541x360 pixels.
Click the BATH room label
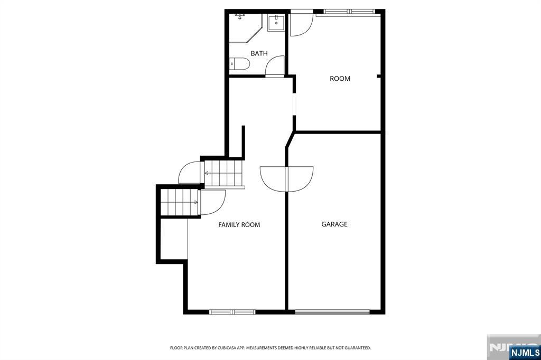click(x=259, y=53)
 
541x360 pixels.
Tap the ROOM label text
click(x=340, y=79)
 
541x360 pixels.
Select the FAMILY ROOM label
click(x=239, y=225)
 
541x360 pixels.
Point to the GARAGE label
click(x=334, y=224)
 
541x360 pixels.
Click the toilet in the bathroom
click(x=239, y=64)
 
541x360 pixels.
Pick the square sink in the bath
click(x=276, y=23)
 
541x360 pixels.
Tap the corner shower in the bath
click(x=246, y=28)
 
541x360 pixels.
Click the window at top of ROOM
click(x=349, y=12)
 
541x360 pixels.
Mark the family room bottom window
click(x=232, y=312)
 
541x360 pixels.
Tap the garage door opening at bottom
click(x=332, y=312)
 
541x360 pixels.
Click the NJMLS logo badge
click(x=525, y=353)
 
